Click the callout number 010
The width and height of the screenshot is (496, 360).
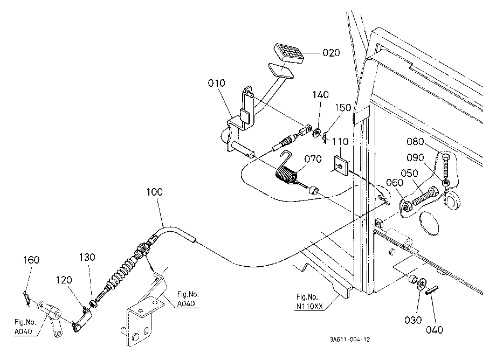point(216,83)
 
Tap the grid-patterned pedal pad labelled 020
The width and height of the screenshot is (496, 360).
point(288,52)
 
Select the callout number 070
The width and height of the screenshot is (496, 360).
point(313,158)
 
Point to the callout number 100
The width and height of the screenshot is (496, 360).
point(154,192)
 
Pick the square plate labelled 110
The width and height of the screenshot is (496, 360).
point(340,165)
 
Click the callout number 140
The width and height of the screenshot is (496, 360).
point(321,94)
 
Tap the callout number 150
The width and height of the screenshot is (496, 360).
point(343,107)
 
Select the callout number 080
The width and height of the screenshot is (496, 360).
point(415,141)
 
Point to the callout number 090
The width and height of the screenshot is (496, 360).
point(415,157)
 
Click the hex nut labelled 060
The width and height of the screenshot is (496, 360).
point(406,206)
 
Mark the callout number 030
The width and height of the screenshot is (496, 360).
point(413,320)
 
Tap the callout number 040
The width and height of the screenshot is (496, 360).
point(435,330)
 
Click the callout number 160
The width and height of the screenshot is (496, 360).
point(31,260)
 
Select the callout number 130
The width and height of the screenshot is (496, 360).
point(87,257)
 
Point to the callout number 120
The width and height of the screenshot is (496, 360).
point(64,280)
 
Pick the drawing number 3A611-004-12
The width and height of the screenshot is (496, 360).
point(350,340)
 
